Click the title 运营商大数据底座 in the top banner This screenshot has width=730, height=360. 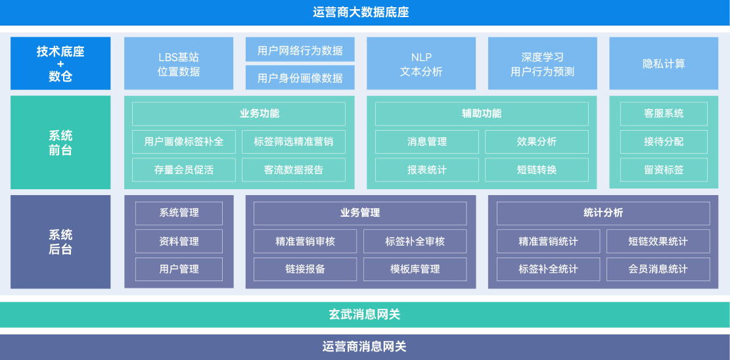tap(361, 12)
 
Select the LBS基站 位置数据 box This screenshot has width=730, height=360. tap(179, 63)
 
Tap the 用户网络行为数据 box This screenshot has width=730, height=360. tap(300, 49)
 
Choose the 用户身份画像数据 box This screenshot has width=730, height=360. tap(300, 78)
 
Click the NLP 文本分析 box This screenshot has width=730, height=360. tap(421, 63)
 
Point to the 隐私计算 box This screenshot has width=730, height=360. tap(664, 63)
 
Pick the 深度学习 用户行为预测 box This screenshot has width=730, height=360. tap(542, 63)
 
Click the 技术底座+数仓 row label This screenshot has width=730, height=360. tap(60, 63)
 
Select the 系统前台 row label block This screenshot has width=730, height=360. tap(60, 143)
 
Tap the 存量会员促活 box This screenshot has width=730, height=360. tap(184, 170)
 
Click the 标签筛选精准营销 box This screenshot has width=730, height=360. tap(294, 142)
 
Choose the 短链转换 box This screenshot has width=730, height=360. tap(537, 170)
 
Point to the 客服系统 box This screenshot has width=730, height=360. tap(664, 114)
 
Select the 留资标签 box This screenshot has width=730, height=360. tap(664, 170)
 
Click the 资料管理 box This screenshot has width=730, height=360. tap(179, 241)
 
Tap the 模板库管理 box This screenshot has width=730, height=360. tap(415, 269)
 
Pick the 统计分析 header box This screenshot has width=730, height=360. tap(603, 214)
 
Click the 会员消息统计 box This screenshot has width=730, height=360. tap(658, 269)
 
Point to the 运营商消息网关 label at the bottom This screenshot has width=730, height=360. tap(365, 347)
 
